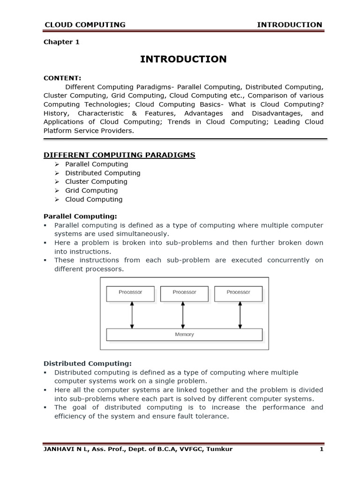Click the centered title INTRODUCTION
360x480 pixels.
tap(184, 59)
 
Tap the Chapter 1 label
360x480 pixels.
tap(61, 42)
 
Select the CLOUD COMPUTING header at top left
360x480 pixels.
tap(84, 24)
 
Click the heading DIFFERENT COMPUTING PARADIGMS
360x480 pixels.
tap(119, 155)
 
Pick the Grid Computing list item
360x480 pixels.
tap(91, 190)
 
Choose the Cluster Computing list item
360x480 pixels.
tap(96, 181)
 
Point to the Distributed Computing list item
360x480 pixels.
tap(103, 173)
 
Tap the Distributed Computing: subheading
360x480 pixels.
tap(88, 363)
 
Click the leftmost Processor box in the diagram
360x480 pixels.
tap(130, 293)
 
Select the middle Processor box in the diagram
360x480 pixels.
tap(184, 293)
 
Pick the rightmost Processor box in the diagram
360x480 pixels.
tap(238, 293)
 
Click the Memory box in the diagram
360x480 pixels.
tap(184, 335)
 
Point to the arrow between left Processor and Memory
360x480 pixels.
tap(132, 315)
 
